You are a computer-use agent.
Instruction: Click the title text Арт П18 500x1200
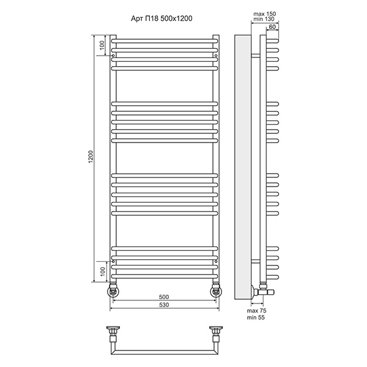[161, 18]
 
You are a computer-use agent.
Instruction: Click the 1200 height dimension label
[91, 157]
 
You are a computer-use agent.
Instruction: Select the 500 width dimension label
[164, 297]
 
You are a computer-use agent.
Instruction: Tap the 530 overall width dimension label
[164, 305]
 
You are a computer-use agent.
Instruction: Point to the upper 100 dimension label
[102, 45]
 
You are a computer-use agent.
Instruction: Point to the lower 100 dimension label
[103, 272]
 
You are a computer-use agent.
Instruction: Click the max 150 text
[264, 14]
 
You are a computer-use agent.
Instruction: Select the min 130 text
[264, 19]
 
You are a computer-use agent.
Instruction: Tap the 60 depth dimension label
[272, 27]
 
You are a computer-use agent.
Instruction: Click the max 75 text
[256, 311]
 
